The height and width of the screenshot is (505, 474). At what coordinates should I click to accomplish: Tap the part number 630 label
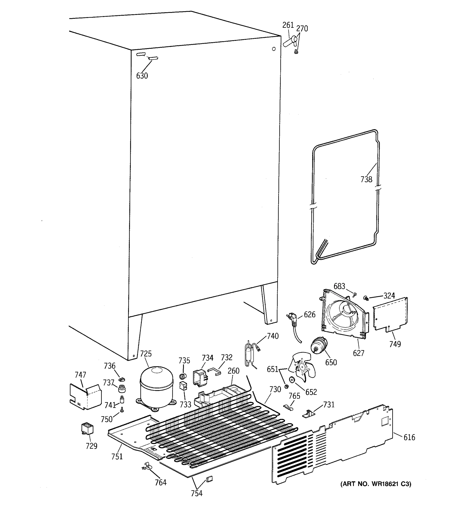click(142, 76)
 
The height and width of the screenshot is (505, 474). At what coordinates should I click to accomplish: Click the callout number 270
click(302, 29)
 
